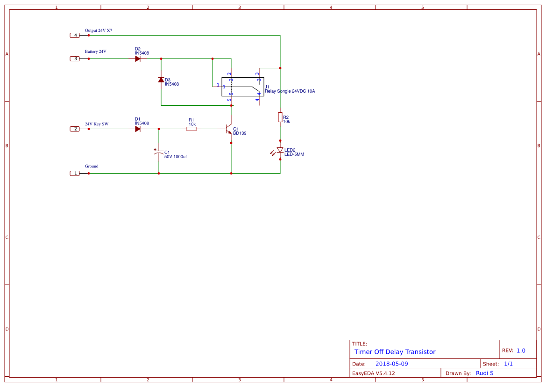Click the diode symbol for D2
point(138,58)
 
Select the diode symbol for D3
point(161,80)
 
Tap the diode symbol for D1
point(138,129)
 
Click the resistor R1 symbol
point(191,129)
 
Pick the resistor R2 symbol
point(280,117)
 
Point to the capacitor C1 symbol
point(158,152)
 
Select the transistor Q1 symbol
point(228,129)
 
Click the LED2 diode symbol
point(280,150)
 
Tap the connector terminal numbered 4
point(75,35)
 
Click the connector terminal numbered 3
point(75,58)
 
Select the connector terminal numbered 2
point(75,129)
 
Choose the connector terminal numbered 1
point(75,173)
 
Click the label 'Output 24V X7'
point(98,30)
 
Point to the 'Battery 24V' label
point(95,51)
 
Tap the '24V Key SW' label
point(96,124)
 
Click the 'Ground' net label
point(92,166)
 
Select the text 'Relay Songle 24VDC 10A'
point(290,91)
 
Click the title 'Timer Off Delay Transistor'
point(395,352)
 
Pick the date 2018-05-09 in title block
point(391,364)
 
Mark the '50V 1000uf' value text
point(176,156)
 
